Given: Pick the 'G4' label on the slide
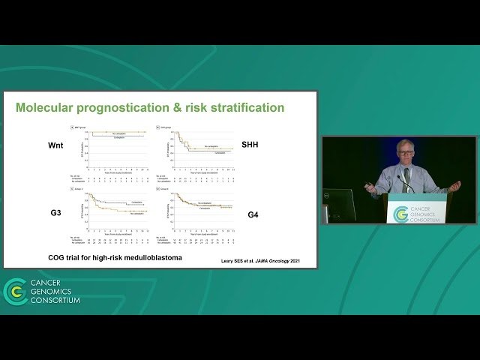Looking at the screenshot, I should (x=255, y=215).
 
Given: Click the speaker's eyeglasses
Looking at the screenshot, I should (x=406, y=151).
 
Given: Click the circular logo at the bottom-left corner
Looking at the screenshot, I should (x=15, y=291).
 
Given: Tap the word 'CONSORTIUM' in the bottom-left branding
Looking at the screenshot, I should (x=55, y=301).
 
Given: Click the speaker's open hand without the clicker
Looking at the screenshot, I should (x=454, y=185).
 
